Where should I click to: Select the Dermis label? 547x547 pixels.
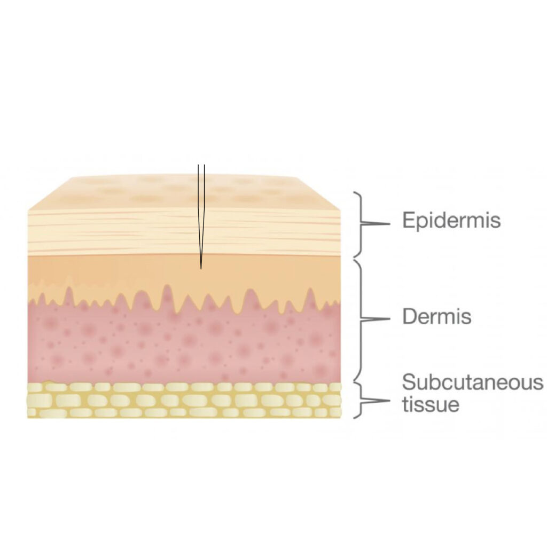(437, 316)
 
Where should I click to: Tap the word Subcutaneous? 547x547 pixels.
(473, 382)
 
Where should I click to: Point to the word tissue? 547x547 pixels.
(431, 404)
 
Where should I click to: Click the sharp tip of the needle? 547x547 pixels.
(201, 269)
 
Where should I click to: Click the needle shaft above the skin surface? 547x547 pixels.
(201, 170)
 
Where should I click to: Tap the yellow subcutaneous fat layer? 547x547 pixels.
(184, 400)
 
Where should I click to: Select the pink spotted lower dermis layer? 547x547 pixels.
(184, 346)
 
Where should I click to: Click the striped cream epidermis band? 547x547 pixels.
(184, 232)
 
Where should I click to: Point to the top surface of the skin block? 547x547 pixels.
(184, 192)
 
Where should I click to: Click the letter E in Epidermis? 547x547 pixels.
(409, 220)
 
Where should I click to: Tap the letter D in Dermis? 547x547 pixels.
(410, 316)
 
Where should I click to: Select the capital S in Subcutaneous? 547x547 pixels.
(409, 382)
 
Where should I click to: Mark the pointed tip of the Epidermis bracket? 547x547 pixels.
(389, 223)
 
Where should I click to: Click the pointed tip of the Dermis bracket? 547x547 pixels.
(389, 319)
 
